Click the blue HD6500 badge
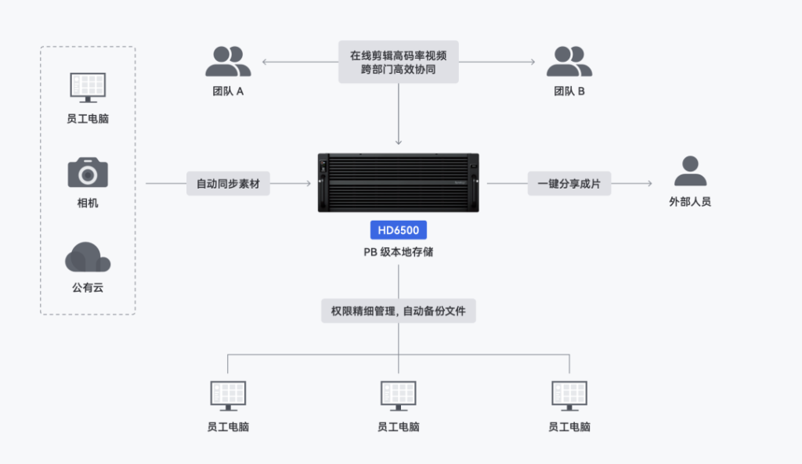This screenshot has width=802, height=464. coord(399,230)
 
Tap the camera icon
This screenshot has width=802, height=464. coord(88,172)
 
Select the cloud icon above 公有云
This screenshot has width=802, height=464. coord(88,257)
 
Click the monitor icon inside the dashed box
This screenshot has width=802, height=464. coord(88,87)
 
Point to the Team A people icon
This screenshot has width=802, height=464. coord(229,62)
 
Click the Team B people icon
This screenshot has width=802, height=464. coord(569,62)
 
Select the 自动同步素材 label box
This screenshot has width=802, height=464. coord(228,185)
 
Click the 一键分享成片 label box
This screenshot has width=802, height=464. coord(569,185)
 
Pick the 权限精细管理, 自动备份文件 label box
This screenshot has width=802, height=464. coord(399,311)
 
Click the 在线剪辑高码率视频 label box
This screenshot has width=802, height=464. coord(399,62)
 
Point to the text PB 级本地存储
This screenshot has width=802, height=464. coord(399,253)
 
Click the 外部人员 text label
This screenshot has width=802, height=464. coord(690,202)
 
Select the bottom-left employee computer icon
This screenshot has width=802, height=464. coord(228,395)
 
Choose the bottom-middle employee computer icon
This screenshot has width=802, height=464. coord(399,395)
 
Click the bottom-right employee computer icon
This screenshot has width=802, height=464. coord(569,395)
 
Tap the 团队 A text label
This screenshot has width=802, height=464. coord(229,92)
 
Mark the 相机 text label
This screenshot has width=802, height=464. coord(88,203)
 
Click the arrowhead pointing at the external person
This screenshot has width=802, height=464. coord(649,185)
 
